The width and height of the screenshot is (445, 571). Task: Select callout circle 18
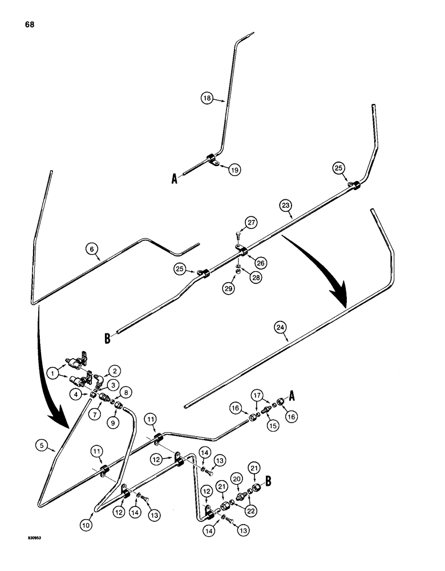click(x=207, y=98)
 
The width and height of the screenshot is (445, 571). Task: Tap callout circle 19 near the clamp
click(x=233, y=170)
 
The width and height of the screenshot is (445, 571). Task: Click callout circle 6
click(x=90, y=249)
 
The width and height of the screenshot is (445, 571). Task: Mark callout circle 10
click(x=87, y=522)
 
